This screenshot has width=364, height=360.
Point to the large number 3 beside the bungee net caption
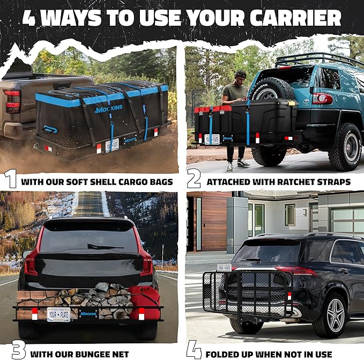tap(18, 350)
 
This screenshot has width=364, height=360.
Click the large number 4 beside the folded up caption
tap(194, 350)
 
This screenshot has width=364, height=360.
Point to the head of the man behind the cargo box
tap(240, 76)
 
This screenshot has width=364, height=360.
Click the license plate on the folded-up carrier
tap(224, 267)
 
